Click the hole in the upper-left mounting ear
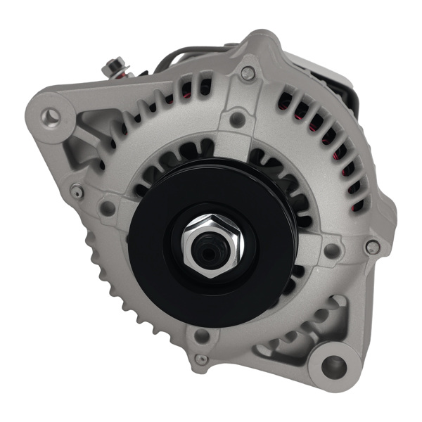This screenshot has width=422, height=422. [51, 115]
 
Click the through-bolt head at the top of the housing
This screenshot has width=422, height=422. [248, 72]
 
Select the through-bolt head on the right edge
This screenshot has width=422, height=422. [373, 247]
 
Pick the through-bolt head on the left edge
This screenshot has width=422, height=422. [77, 190]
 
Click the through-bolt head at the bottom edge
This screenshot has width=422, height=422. [202, 359]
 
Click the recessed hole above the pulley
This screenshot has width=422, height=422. [238, 120]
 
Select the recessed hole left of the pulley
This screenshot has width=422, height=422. [108, 208]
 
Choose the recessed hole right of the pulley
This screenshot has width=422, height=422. [330, 250]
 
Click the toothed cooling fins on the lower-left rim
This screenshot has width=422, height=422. [105, 281]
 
